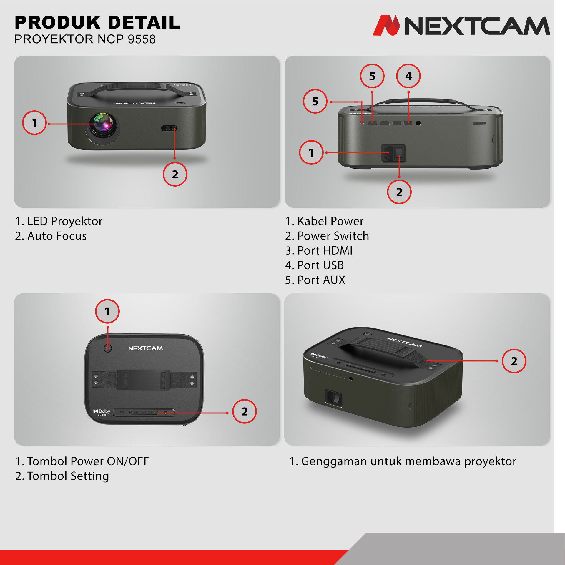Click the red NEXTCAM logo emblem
pyautogui.click(x=386, y=25)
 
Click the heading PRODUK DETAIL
pyautogui.click(x=97, y=22)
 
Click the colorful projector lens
pyautogui.click(x=103, y=125)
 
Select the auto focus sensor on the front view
pyautogui.click(x=169, y=128)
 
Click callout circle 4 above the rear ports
pyautogui.click(x=408, y=76)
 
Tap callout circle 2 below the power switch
pyautogui.click(x=399, y=192)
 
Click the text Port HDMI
pyautogui.click(x=325, y=250)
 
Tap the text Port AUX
pyautogui.click(x=321, y=280)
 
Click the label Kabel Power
pyautogui.click(x=330, y=221)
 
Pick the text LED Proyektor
pyautogui.click(x=65, y=221)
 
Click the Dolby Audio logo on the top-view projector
pyautogui.click(x=102, y=412)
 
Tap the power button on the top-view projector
pyautogui.click(x=108, y=348)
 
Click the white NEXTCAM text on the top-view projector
pyautogui.click(x=145, y=348)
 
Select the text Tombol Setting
pyautogui.click(x=68, y=476)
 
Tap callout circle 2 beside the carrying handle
pyautogui.click(x=514, y=361)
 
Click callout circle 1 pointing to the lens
pyautogui.click(x=34, y=123)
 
